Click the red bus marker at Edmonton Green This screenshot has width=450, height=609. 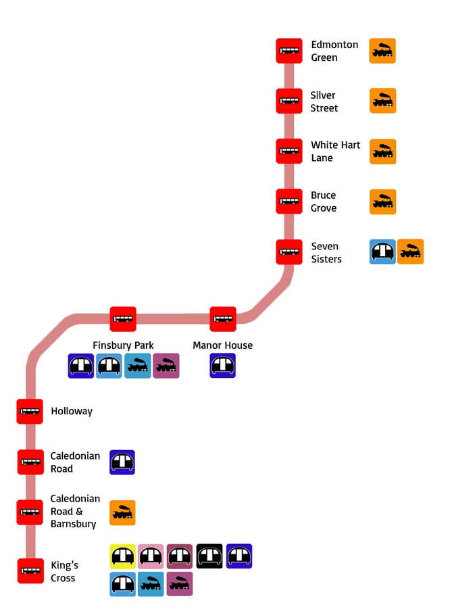coord(289,51)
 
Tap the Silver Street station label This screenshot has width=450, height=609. coord(324,101)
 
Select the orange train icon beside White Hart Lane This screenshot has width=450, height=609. coord(382,151)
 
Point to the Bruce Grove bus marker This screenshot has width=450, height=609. coord(289,201)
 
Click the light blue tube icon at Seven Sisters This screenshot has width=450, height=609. coord(382,251)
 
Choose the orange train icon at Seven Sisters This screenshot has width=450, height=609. coord(410,251)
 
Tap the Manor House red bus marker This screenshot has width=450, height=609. coord(223,319)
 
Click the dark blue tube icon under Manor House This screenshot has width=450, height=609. coord(223,366)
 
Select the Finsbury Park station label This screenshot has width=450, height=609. coord(124,345)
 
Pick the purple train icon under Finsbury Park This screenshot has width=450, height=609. coord(166,366)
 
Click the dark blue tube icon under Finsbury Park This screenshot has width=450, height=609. coord(81,366)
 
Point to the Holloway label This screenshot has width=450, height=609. coord(72,411)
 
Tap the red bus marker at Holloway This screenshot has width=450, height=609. coord(30,412)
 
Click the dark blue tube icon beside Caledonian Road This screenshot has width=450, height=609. coord(122,462)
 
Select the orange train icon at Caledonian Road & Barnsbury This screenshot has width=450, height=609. coord(122,513)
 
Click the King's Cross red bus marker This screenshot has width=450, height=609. coord(30,571)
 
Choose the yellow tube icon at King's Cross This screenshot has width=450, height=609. coord(123,556)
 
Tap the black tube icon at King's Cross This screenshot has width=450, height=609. coord(209,556)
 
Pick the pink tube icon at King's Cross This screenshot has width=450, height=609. coord(151,556)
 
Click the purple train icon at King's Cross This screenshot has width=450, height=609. coord(180,584)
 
